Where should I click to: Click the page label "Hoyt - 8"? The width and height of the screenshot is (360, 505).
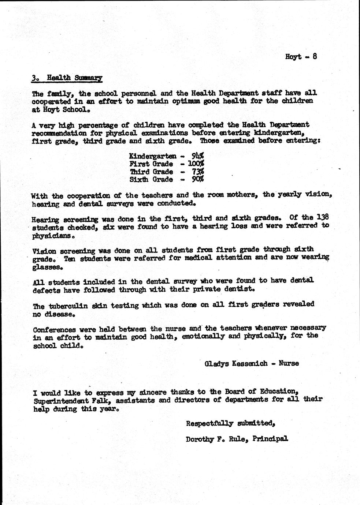pos(301,57)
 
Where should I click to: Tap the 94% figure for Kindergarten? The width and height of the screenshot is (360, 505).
pos(197,156)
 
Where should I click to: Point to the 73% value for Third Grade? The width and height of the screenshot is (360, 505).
pos(198,171)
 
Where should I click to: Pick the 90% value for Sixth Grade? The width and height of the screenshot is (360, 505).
pos(197,179)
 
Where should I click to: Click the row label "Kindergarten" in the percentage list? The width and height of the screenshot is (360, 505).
pos(152,156)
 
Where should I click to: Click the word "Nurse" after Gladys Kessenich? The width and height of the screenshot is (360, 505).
pos(289,363)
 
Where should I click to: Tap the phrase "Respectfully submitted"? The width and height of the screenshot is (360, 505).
pos(230,424)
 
